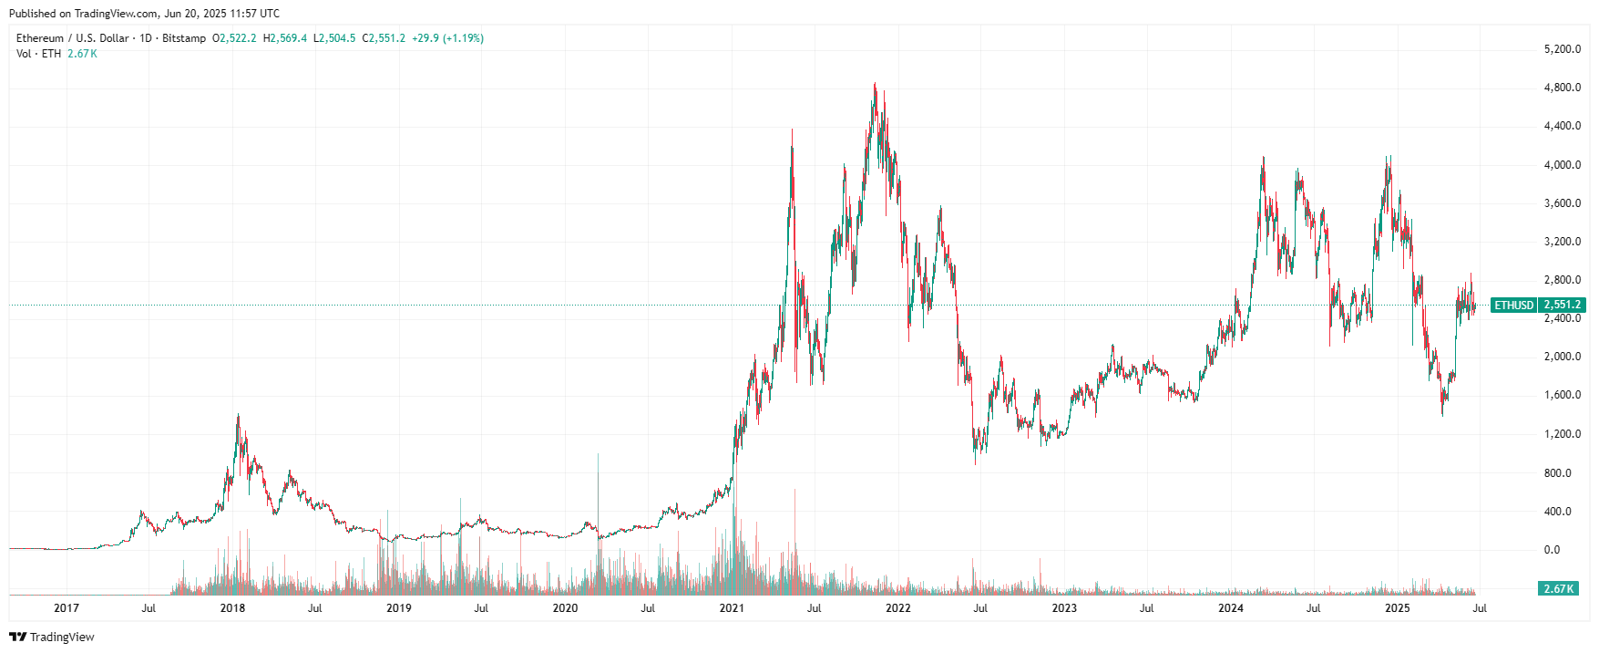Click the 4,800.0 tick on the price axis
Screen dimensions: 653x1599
pos(1562,88)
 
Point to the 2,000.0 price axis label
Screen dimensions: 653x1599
pos(1562,357)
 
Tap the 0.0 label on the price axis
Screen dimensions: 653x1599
pos(1551,550)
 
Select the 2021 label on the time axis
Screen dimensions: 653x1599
pos(732,608)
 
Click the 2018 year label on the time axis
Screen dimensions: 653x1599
pos(232,608)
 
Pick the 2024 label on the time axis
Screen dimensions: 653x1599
pos(1231,608)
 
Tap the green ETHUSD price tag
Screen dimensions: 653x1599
pos(1513,306)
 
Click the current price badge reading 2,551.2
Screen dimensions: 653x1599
pos(1562,306)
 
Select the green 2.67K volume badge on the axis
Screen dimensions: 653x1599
pos(1558,589)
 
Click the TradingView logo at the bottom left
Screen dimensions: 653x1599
pos(52,637)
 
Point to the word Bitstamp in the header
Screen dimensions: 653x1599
pos(184,38)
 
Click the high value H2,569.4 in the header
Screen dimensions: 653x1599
pos(285,38)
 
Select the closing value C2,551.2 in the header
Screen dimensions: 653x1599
pos(384,38)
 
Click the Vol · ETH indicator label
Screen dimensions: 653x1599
pos(38,54)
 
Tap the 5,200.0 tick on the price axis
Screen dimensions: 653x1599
pos(1562,49)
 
